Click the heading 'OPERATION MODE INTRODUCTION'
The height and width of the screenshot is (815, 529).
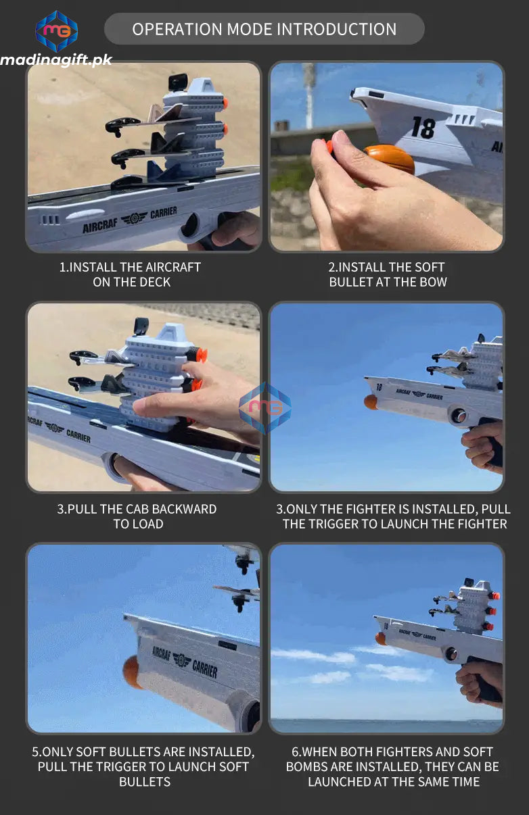(264, 29)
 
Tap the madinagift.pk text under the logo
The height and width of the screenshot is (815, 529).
(55, 60)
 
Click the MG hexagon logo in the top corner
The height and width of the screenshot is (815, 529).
(56, 31)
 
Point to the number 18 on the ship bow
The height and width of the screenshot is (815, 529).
(423, 127)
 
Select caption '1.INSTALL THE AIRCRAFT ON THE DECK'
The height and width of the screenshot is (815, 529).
(131, 274)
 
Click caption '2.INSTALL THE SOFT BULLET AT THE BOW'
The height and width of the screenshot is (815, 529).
(388, 274)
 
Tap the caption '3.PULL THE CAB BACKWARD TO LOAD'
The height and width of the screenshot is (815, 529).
(137, 516)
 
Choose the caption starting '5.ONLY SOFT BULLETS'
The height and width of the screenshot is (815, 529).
(144, 766)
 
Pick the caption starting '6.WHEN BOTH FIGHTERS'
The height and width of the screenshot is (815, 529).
(393, 766)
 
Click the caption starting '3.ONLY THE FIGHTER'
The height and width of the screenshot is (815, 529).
(394, 516)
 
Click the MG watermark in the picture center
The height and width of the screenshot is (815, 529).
(264, 407)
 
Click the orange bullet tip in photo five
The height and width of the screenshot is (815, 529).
(131, 672)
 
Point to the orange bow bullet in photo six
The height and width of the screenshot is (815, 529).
(381, 639)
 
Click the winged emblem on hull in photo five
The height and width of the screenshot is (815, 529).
(181, 659)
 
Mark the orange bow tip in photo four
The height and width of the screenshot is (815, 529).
(371, 402)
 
